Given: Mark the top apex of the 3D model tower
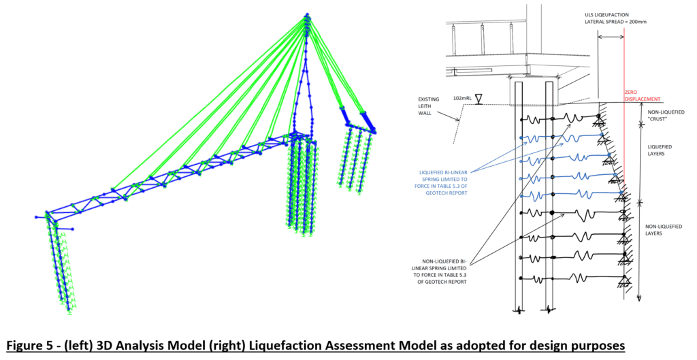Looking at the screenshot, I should tap(307, 14).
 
